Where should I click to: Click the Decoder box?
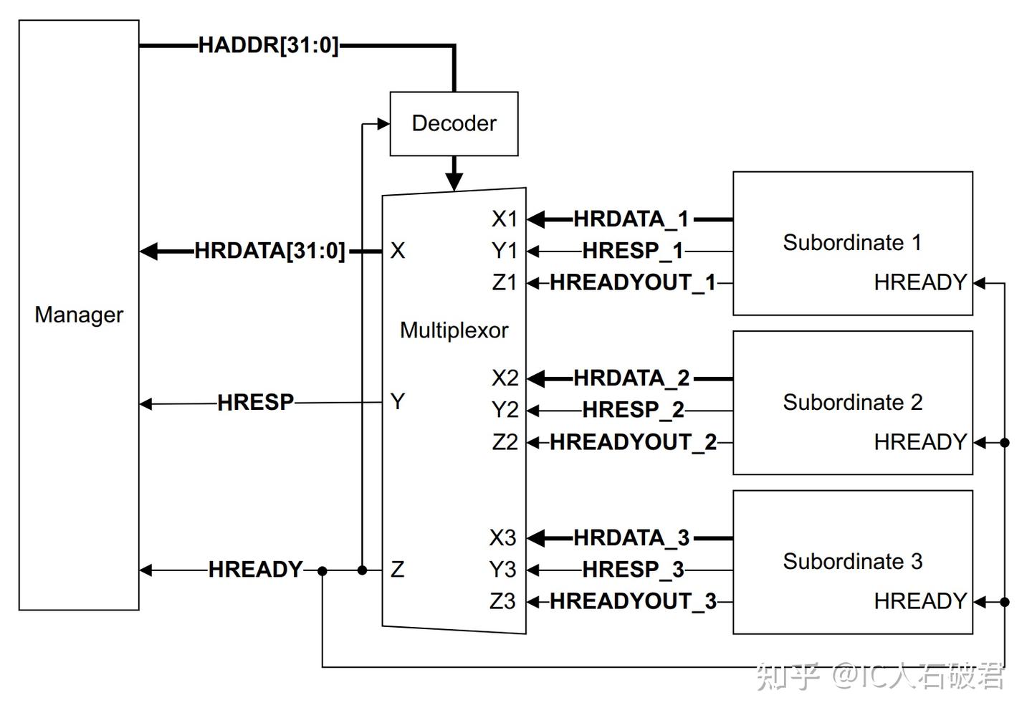(454, 123)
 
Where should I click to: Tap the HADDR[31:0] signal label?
(268, 46)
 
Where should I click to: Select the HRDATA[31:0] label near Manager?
(269, 252)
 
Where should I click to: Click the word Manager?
(79, 315)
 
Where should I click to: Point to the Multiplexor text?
(454, 330)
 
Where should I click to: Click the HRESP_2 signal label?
(633, 411)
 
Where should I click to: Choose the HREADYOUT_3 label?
(633, 602)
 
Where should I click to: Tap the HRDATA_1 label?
(631, 219)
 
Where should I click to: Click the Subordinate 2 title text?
(852, 403)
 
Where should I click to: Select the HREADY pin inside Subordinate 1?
(920, 283)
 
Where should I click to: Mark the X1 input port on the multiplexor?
(504, 219)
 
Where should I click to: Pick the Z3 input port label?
(502, 602)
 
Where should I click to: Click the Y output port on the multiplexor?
(398, 402)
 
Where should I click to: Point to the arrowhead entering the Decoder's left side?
(383, 124)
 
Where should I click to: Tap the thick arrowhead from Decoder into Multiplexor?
(454, 182)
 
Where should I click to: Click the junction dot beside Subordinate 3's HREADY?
(1005, 602)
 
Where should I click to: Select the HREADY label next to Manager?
(255, 570)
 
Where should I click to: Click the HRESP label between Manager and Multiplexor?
(255, 403)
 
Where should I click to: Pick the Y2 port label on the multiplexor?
(505, 411)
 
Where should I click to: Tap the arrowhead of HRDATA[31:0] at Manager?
(149, 252)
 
